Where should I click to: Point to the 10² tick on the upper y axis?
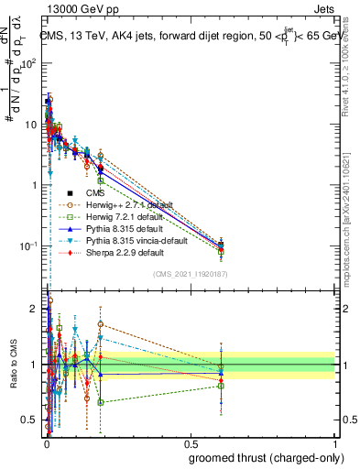[31, 63]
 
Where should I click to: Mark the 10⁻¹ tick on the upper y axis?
[31, 245]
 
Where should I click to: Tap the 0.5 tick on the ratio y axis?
[31, 420]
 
